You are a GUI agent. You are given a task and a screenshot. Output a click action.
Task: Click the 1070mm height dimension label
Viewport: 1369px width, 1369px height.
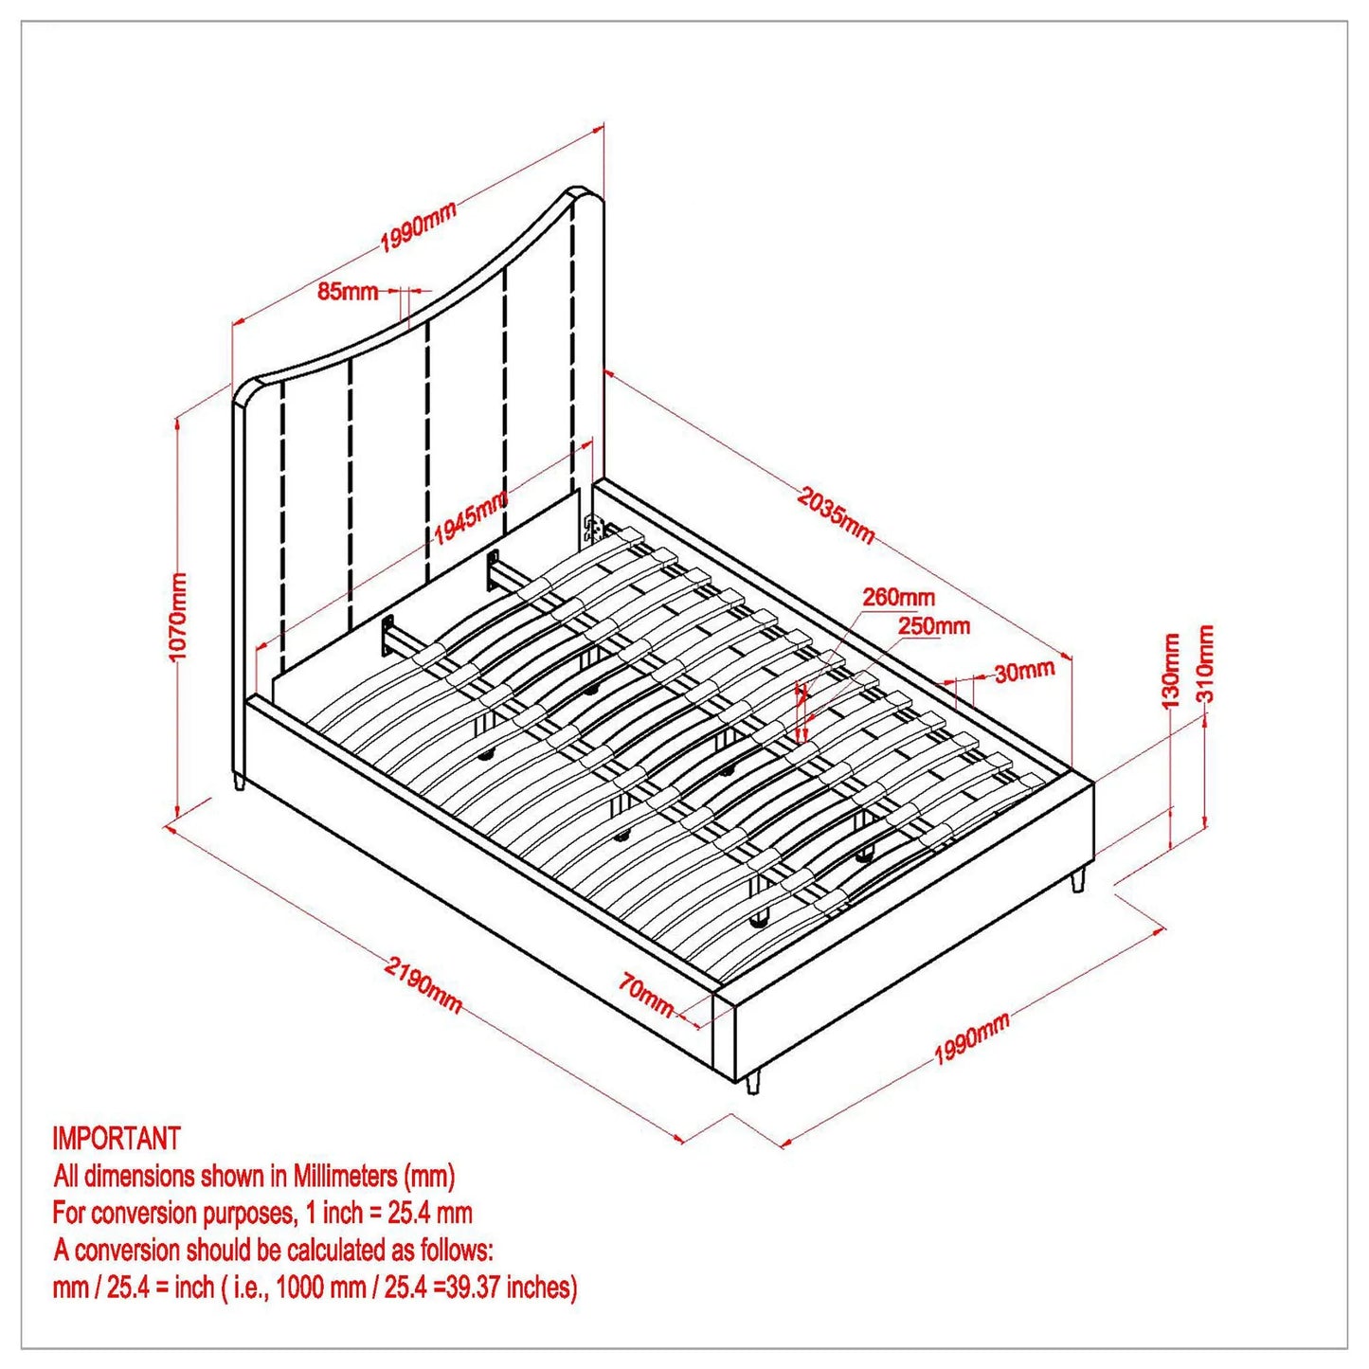pos(178,617)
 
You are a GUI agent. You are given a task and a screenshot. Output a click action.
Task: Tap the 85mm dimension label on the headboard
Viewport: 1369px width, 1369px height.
pos(347,291)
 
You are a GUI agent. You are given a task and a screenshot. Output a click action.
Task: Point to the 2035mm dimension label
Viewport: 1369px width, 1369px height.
pos(836,514)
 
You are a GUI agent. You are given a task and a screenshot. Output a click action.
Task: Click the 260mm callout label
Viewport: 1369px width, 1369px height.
pos(898,598)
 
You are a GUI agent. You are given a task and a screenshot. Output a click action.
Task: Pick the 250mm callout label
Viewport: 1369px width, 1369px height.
pos(933,626)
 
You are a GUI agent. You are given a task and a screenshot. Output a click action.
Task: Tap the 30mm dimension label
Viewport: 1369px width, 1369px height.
pos(1024,672)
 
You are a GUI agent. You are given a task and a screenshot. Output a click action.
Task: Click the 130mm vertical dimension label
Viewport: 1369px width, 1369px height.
pos(1171,672)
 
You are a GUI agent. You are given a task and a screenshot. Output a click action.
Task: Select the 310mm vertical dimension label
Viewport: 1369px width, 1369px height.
pos(1206,663)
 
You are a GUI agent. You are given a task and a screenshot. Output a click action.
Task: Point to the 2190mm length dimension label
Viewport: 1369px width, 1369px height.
pos(423,984)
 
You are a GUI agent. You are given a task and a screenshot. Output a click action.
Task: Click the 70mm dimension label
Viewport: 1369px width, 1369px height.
pos(646,995)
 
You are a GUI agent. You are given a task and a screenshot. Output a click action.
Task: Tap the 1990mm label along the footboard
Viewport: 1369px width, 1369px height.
pos(972,1038)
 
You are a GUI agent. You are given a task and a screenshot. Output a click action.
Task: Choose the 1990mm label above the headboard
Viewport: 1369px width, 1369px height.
pos(419,227)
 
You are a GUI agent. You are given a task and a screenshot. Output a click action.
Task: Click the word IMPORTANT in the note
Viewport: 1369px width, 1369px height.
pos(116,1138)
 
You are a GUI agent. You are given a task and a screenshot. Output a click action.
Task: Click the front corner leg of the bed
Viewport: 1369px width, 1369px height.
pos(753,1082)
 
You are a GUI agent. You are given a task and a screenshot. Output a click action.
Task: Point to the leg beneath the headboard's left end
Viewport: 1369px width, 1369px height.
pos(239,783)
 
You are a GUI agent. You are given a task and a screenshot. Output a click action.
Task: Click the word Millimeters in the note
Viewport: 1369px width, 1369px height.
pos(345,1176)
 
